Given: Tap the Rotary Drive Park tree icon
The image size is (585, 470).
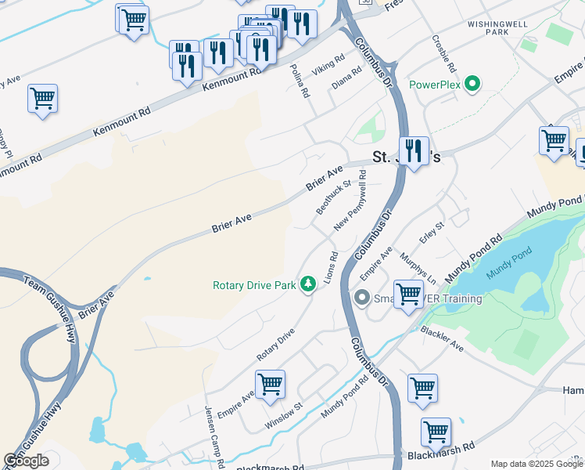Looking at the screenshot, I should (x=308, y=284).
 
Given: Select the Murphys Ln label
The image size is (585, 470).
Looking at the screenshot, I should (x=418, y=267).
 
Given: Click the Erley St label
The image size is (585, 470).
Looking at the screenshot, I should (x=432, y=231).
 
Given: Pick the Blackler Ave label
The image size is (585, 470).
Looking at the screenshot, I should (x=442, y=338).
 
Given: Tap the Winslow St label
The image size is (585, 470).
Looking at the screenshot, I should (x=283, y=414).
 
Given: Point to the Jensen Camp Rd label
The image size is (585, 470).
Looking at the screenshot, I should (x=212, y=437).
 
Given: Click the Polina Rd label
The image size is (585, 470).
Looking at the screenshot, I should (x=300, y=81).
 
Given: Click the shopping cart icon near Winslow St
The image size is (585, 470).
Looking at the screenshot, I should (x=270, y=384).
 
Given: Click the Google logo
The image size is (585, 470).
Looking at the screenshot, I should (x=26, y=461).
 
